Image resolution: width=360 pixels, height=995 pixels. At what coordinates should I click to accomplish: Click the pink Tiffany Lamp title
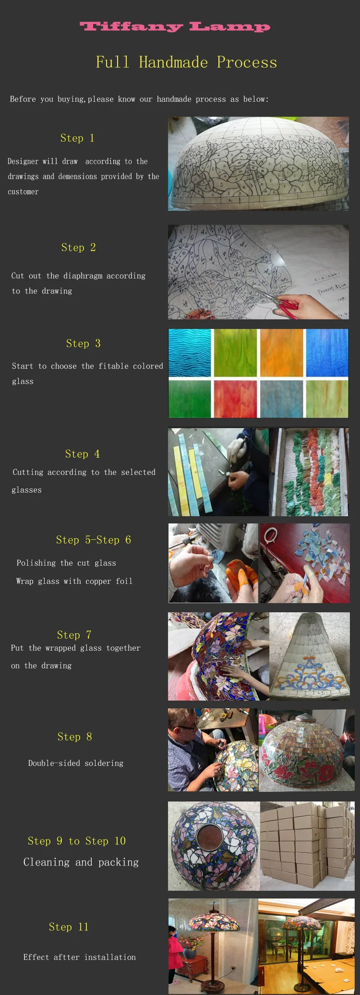pyautogui.click(x=175, y=26)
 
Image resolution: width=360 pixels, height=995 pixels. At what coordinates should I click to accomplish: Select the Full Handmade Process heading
pyautogui.click(x=186, y=62)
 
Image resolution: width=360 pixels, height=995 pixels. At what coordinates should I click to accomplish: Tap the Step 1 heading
pyautogui.click(x=77, y=138)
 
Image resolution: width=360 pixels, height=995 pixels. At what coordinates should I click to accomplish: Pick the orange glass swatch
pyautogui.click(x=282, y=353)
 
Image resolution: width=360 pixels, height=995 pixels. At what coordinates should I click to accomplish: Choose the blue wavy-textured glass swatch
pyautogui.click(x=190, y=353)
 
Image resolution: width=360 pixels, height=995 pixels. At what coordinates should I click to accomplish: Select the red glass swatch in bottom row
pyautogui.click(x=235, y=399)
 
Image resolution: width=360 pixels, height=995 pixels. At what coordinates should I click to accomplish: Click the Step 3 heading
pyautogui.click(x=84, y=343)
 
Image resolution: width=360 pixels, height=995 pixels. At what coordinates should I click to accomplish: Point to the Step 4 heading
pyautogui.click(x=83, y=454)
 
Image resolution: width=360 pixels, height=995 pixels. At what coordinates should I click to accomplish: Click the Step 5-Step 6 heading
pyautogui.click(x=94, y=540)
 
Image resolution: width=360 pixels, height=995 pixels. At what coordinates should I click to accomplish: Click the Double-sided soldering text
pyautogui.click(x=76, y=763)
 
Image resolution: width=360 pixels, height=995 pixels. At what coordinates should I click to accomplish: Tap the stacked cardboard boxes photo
pyautogui.click(x=307, y=846)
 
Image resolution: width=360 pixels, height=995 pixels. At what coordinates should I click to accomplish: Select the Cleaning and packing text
pyautogui.click(x=81, y=862)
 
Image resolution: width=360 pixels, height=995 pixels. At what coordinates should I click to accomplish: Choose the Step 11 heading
pyautogui.click(x=69, y=927)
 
